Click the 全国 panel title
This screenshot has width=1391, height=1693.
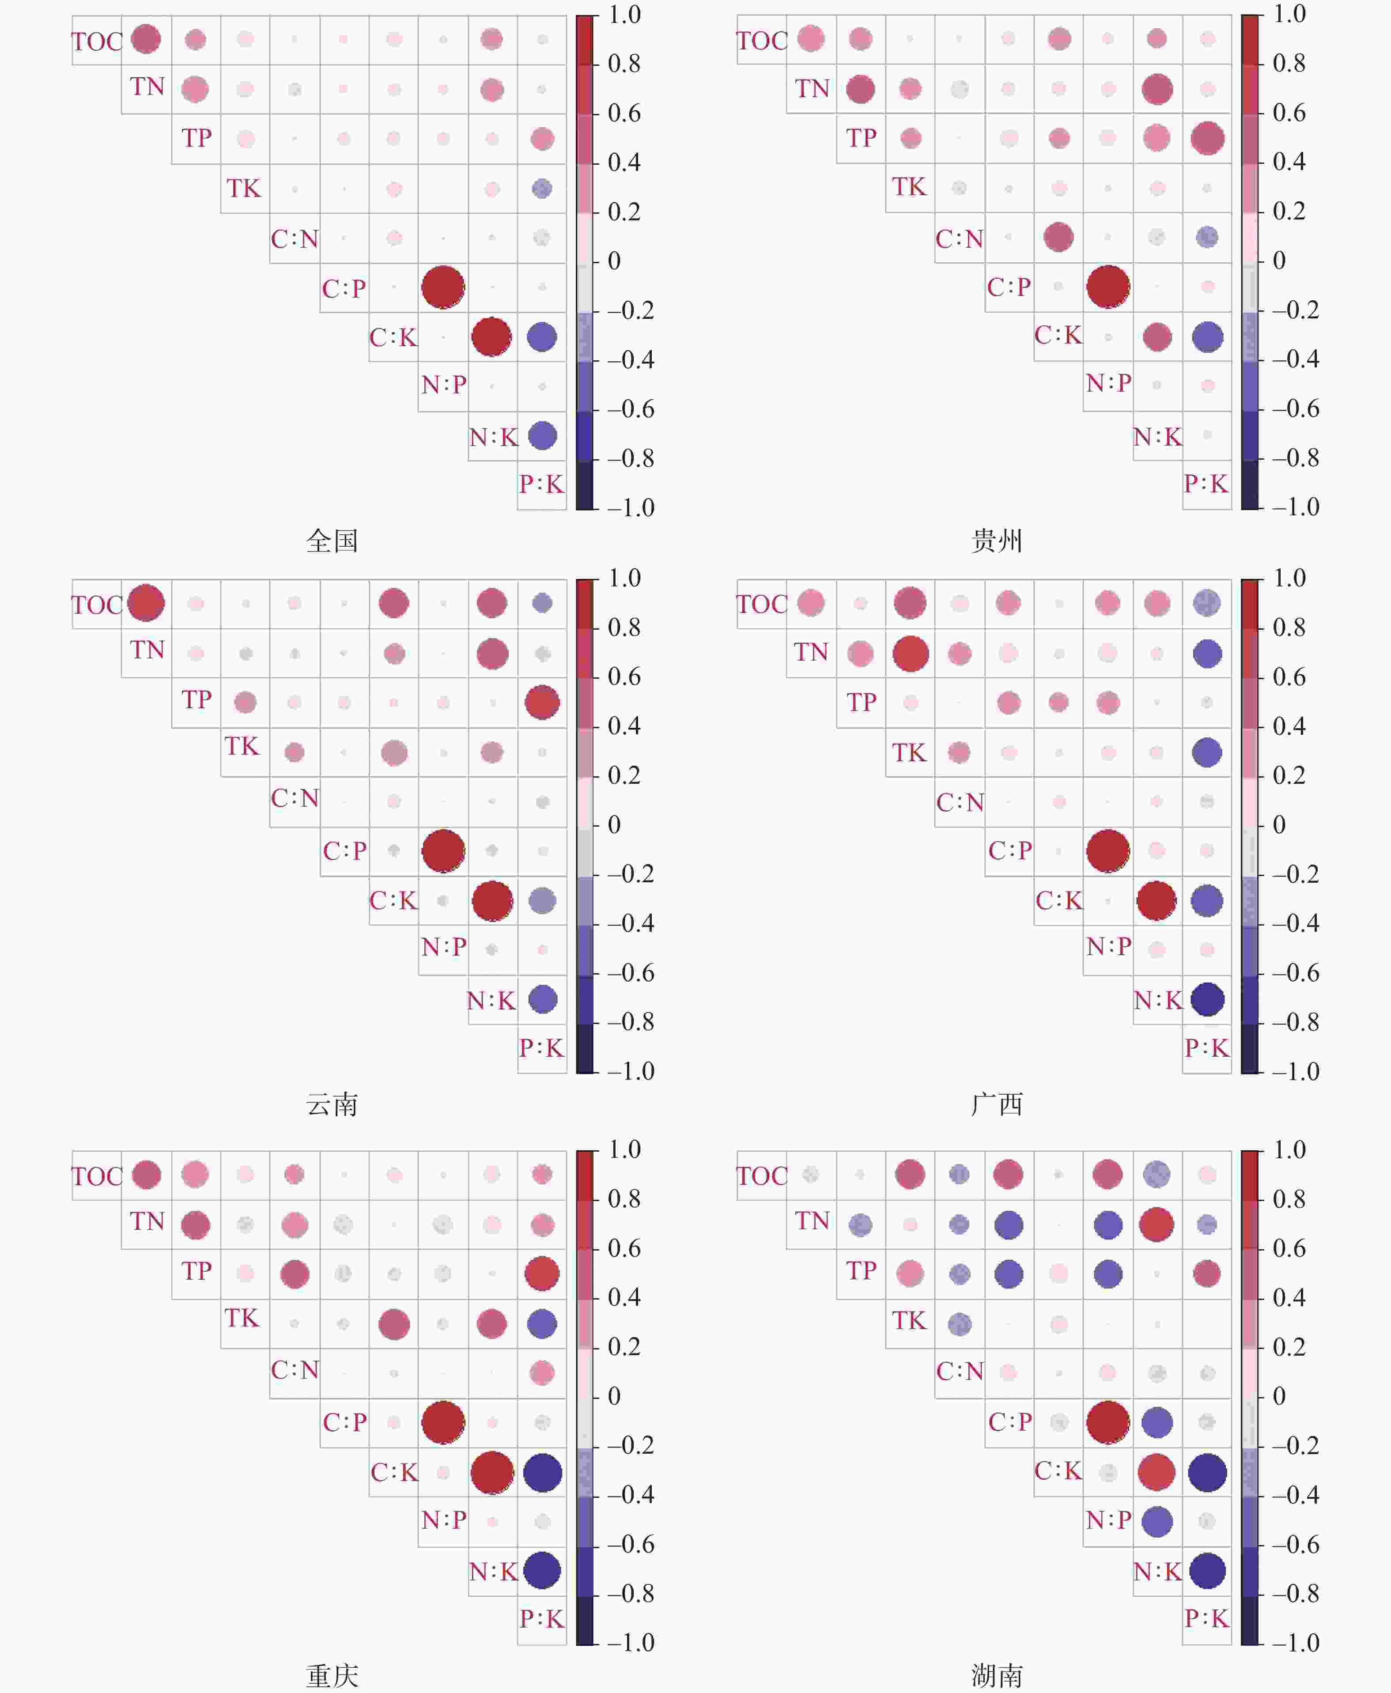332,541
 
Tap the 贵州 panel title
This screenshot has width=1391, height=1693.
997,541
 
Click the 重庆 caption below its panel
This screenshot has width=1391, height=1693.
332,1675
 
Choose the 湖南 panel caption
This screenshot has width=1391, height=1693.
997,1675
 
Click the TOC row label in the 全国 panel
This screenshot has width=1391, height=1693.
96,41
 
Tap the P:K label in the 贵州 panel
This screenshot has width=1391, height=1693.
1206,484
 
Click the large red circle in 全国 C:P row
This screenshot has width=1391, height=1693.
443,287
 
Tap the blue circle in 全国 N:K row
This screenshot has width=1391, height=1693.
542,436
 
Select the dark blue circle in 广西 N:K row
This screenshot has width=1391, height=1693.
1207,999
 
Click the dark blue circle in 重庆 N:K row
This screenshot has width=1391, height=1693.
542,1570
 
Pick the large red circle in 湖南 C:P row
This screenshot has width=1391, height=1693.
1108,1422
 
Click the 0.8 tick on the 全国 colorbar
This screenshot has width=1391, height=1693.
624,64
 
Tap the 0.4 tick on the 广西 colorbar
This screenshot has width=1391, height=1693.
1289,726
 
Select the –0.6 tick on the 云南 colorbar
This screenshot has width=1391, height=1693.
631,973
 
